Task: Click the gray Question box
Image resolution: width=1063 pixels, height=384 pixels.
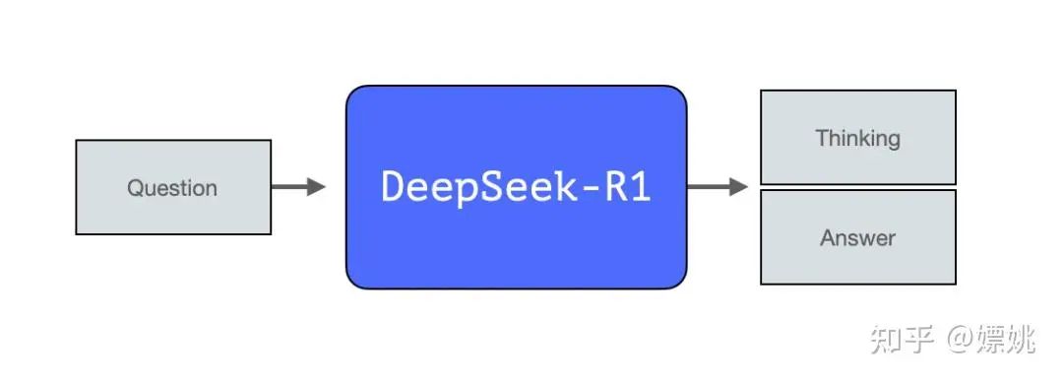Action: click(173, 187)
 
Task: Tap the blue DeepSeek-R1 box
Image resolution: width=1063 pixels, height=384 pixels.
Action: click(516, 187)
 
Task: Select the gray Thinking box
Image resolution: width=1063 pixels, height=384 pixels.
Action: click(857, 138)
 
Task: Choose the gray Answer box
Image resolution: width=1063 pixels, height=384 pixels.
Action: click(857, 237)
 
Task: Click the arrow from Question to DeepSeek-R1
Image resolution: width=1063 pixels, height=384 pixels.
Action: click(295, 187)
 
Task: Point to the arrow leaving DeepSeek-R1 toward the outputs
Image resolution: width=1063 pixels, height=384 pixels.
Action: click(715, 187)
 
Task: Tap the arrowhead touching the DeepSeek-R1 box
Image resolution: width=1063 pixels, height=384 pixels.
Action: click(316, 187)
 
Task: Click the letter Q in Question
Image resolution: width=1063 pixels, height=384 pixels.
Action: click(135, 188)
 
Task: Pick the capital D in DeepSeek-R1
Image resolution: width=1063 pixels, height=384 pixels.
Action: click(393, 187)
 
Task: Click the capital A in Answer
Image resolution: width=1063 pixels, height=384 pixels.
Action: click(828, 237)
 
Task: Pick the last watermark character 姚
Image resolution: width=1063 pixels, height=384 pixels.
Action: click(1019, 341)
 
